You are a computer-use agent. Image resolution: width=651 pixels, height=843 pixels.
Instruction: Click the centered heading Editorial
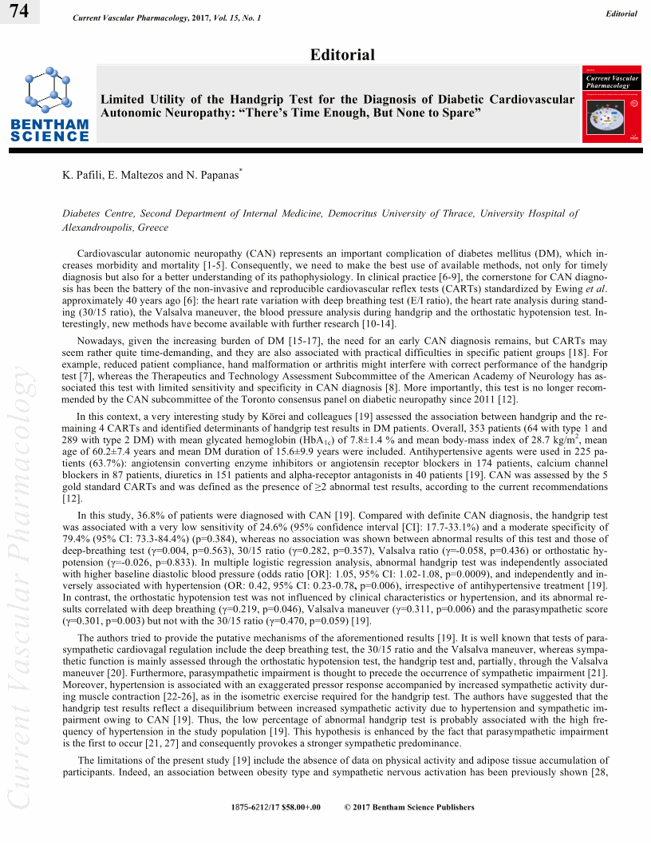pos(342,54)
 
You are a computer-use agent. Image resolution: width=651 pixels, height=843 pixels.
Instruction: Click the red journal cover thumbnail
pos(612,105)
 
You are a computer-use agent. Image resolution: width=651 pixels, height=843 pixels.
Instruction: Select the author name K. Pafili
pos(82,174)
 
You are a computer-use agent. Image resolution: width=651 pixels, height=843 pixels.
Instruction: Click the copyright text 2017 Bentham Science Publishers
pos(412,807)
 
